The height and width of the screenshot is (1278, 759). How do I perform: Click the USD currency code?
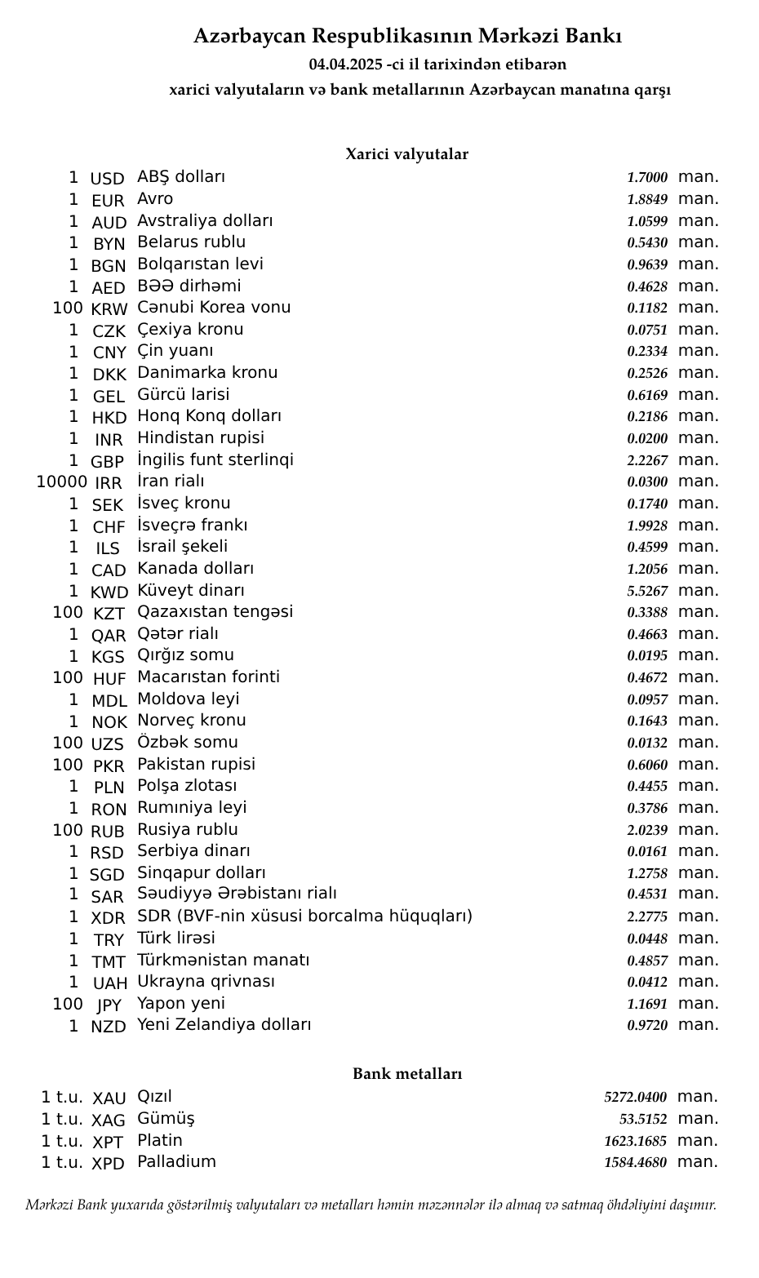pos(107,179)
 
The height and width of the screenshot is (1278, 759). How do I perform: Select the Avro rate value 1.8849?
pos(647,199)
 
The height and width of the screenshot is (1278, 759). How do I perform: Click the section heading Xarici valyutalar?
pos(406,154)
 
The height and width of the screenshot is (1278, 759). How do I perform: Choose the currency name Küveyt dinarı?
pos(191,590)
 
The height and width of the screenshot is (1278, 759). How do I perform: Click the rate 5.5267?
pos(647,591)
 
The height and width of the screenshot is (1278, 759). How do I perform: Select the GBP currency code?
pos(107,461)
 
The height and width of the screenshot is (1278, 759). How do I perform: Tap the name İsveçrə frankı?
pos(192,525)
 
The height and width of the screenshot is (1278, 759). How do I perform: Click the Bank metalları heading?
pos(407,1073)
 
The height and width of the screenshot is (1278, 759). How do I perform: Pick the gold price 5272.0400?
pos(635,1098)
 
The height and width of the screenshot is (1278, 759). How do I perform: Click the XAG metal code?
pos(109,1120)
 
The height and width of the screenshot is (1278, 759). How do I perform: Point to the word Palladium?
pos(176,1161)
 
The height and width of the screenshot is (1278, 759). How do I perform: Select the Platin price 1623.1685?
pos(635,1141)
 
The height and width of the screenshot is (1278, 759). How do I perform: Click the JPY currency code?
pos(109,1005)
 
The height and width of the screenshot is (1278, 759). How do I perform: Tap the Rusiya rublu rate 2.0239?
pos(647,830)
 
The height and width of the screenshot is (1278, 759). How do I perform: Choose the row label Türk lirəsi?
pos(176,938)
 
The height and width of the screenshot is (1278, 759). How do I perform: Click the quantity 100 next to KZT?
pos(68,612)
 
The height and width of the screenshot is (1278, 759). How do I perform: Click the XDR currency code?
pos(108,918)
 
